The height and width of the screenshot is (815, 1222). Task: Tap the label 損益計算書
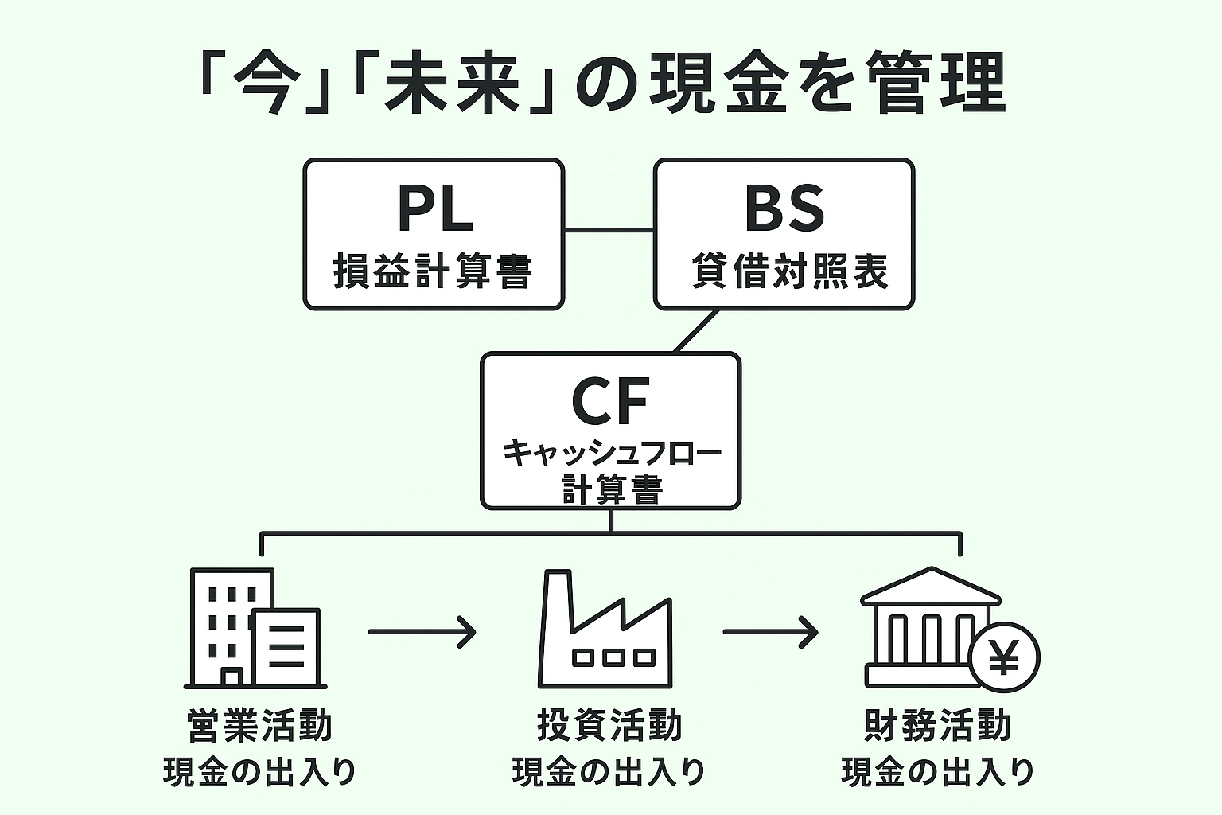(x=433, y=271)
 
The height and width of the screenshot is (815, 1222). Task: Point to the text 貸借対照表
(x=789, y=271)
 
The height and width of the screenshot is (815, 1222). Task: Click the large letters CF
(x=610, y=402)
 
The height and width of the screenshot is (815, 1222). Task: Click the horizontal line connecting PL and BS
(x=609, y=230)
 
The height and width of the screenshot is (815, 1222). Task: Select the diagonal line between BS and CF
(x=696, y=331)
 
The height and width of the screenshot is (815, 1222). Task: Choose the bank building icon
(x=927, y=629)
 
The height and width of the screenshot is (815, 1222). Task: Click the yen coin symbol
(x=1005, y=658)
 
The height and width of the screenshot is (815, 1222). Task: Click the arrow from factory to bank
(x=770, y=633)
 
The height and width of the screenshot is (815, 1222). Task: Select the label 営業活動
(x=259, y=726)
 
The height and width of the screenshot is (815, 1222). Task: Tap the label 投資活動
(x=609, y=726)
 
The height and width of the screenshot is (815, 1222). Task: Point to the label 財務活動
(x=937, y=726)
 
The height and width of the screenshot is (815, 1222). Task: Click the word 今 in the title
(x=267, y=84)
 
